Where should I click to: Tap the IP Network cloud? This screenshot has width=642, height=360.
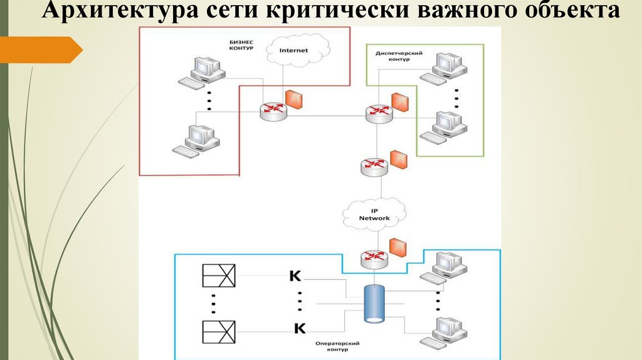[x=374, y=214]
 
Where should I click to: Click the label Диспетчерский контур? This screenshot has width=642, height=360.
[x=399, y=56]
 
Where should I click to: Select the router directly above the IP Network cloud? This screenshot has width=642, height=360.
[x=374, y=166]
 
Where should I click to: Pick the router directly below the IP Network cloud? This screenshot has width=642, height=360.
[x=374, y=258]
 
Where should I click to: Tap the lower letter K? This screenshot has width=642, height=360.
[x=299, y=327]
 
